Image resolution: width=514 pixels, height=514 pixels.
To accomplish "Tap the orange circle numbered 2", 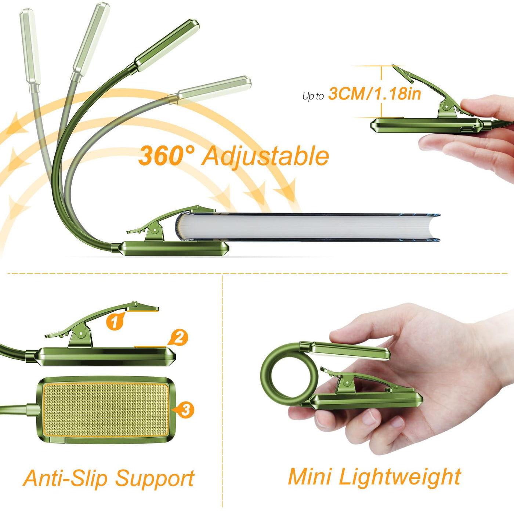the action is point(179,338).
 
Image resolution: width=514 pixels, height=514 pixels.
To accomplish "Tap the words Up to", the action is point(313,96).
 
